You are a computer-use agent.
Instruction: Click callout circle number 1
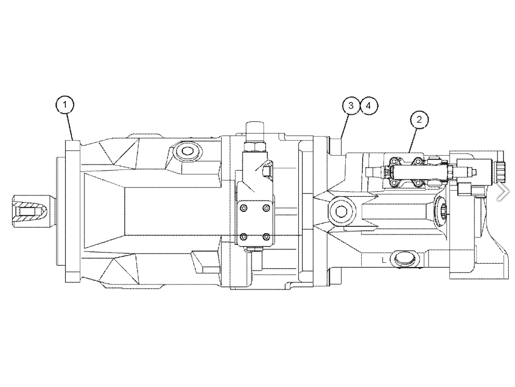[x=65, y=105]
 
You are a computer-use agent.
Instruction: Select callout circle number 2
[x=419, y=120]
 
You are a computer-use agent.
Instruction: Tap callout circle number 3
[x=351, y=106]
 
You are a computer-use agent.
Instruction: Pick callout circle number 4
[x=369, y=106]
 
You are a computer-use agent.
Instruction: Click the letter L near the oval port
[x=384, y=260]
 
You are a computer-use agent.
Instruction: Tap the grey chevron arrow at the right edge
[x=503, y=192]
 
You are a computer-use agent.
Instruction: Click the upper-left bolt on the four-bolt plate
[x=243, y=208]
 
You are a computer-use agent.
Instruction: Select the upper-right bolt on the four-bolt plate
[x=267, y=208]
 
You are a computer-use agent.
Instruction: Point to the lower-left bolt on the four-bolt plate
[x=243, y=237]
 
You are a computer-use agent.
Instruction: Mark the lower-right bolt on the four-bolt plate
[x=267, y=237]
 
